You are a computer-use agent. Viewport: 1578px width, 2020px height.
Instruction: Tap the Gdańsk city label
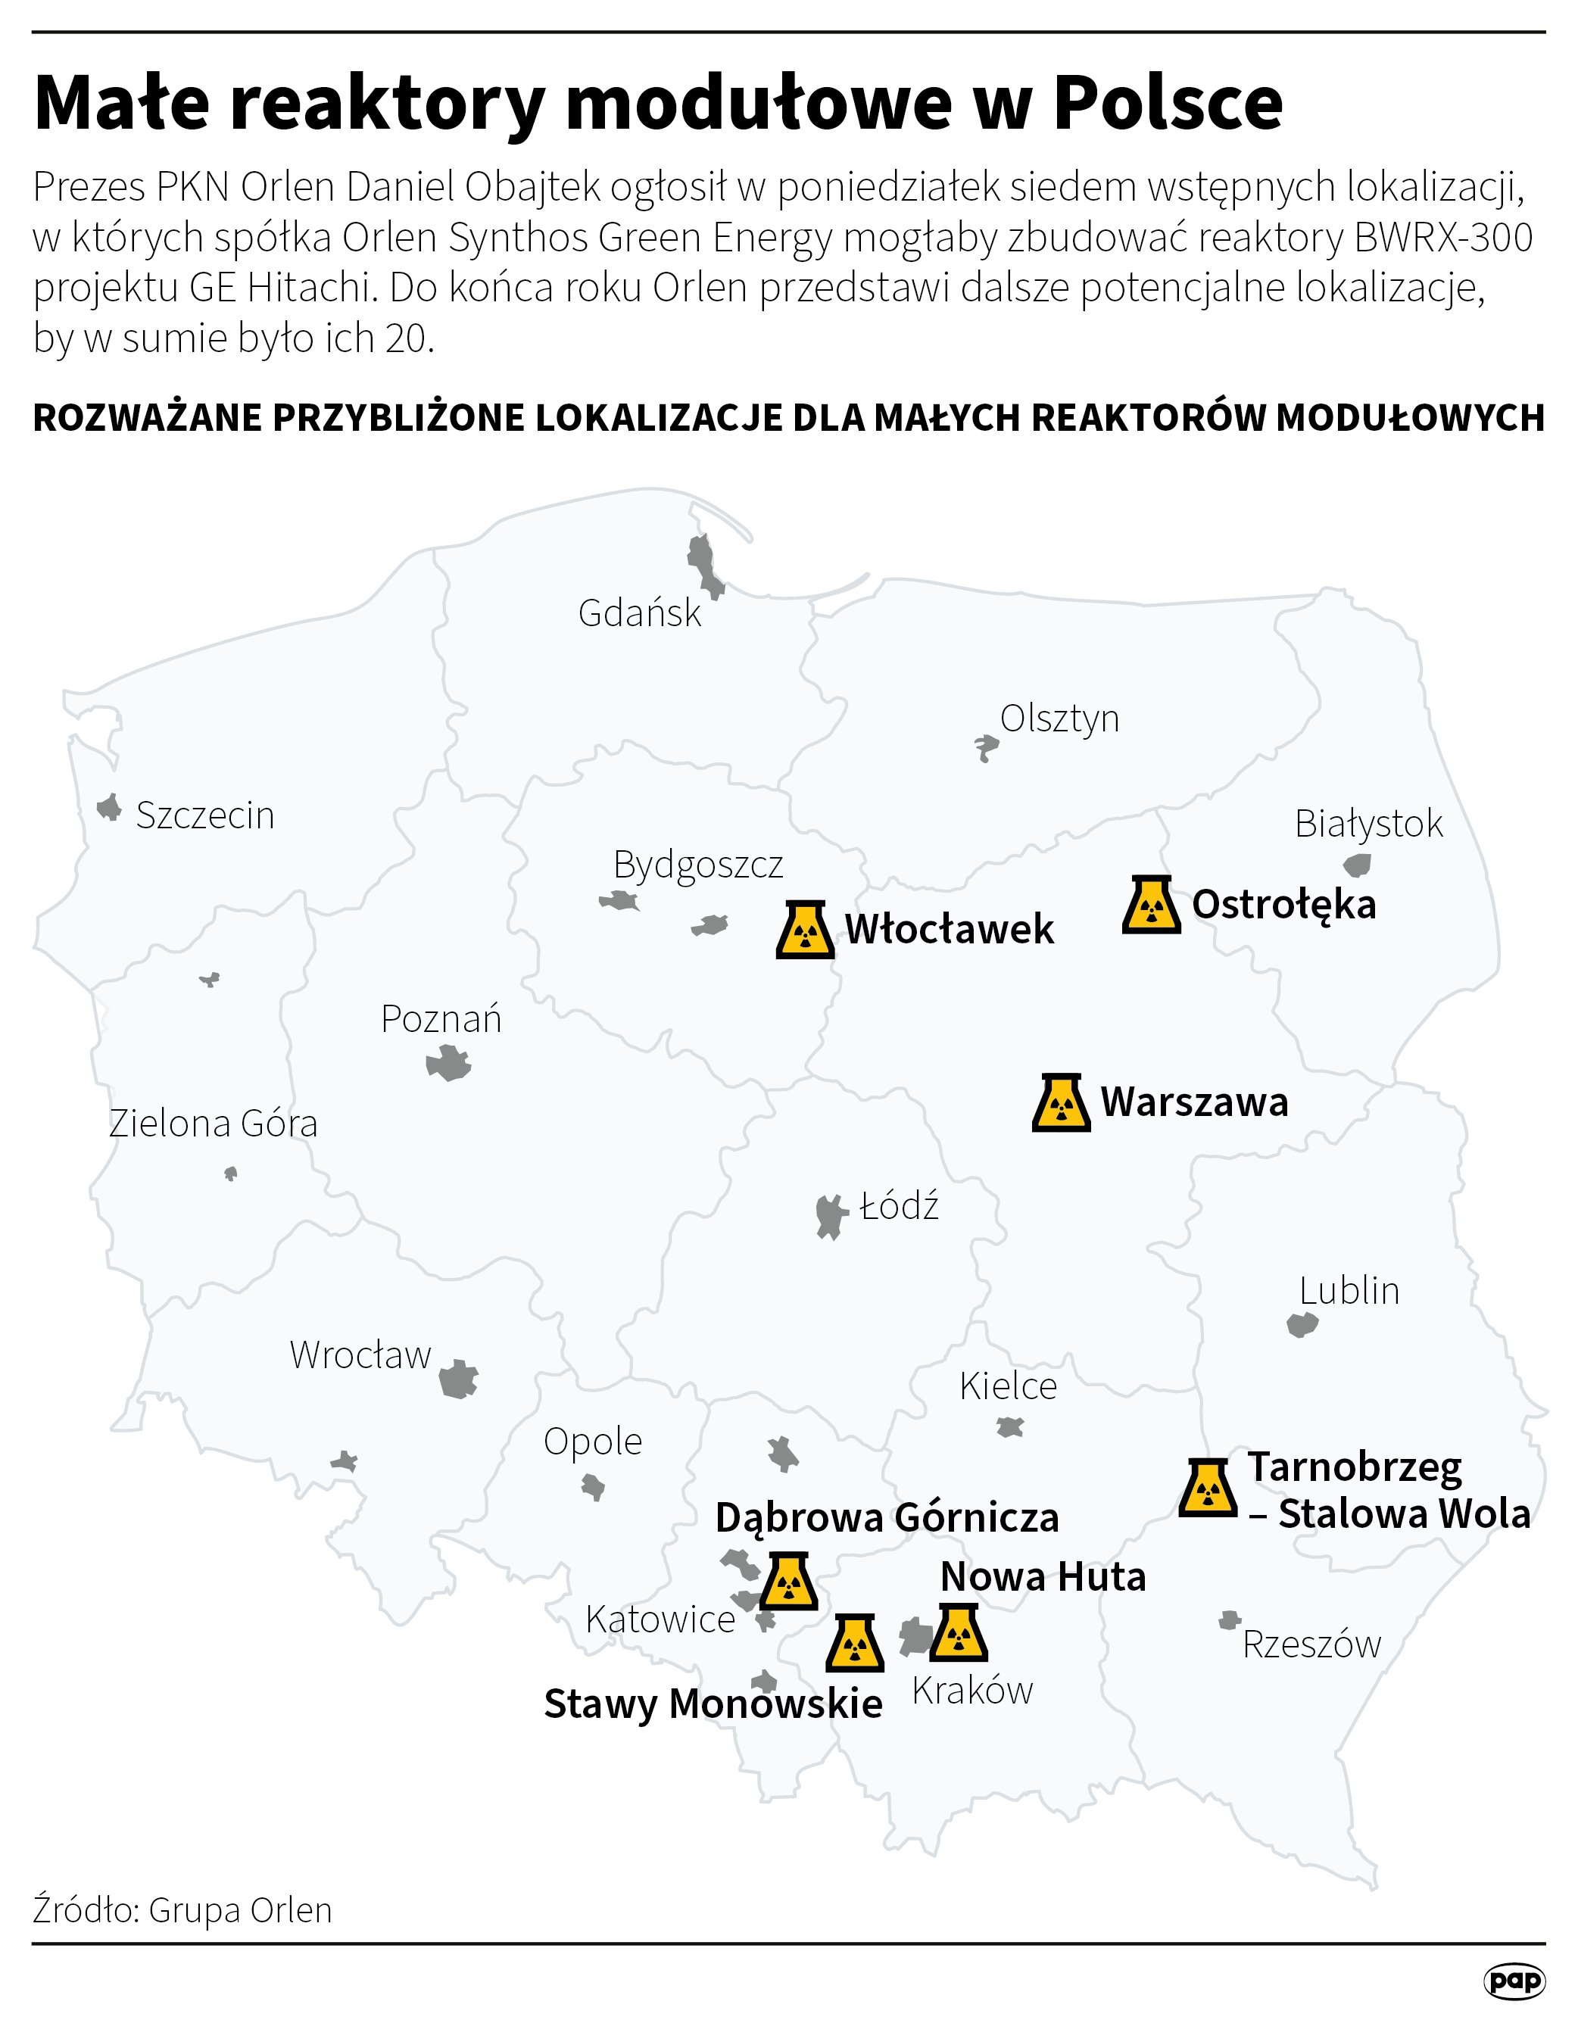click(x=639, y=613)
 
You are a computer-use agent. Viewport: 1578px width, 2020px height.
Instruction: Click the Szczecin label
click(x=204, y=815)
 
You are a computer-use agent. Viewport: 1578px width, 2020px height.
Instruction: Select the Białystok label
click(x=1368, y=823)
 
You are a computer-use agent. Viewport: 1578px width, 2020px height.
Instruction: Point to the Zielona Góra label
click(x=213, y=1124)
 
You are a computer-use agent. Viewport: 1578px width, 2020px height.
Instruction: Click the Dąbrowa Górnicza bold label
click(x=887, y=1518)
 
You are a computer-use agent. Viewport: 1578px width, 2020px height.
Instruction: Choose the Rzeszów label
click(x=1311, y=1644)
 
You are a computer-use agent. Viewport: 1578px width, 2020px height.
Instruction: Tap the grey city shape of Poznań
click(x=448, y=1064)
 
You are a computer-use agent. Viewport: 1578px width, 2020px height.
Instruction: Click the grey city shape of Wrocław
click(x=458, y=1380)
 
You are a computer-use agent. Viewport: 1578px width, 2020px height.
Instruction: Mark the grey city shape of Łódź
click(x=831, y=1215)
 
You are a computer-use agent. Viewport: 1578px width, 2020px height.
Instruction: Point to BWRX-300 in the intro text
click(x=1443, y=238)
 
